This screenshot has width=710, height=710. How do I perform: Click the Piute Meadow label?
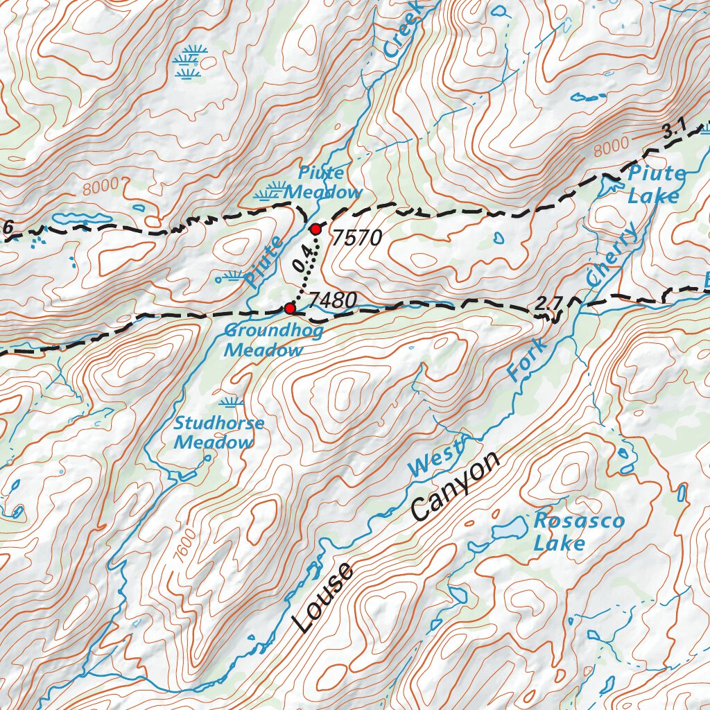click(x=323, y=182)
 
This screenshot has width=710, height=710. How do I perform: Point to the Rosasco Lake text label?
click(x=569, y=532)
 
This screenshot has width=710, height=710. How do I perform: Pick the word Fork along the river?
click(x=527, y=359)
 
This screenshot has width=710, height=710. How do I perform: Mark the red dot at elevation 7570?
click(x=315, y=229)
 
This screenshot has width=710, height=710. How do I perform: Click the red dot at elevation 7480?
click(x=290, y=308)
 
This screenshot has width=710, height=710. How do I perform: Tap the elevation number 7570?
click(x=356, y=239)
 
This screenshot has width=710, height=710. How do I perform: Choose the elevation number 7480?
click(x=333, y=300)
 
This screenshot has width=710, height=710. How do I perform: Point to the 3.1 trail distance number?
click(x=673, y=128)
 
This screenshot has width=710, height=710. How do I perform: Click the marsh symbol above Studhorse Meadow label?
click(x=231, y=401)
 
